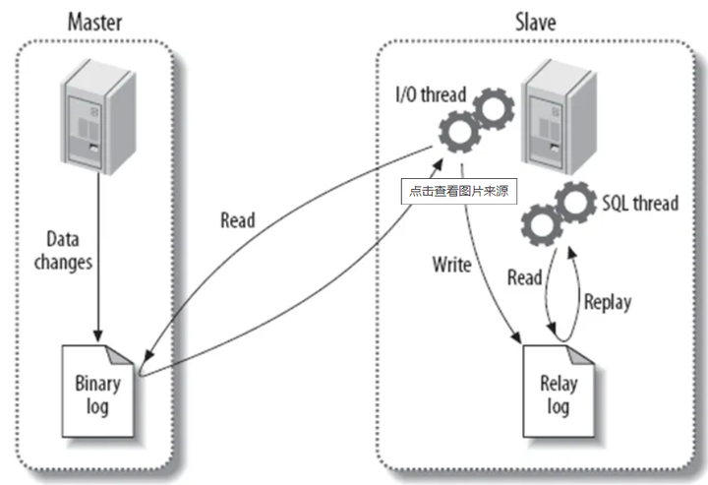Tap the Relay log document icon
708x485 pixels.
pyautogui.click(x=557, y=391)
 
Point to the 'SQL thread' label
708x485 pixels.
pyautogui.click(x=639, y=204)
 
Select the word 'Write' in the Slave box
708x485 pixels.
pyautogui.click(x=451, y=265)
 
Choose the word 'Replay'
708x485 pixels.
pyautogui.click(x=607, y=301)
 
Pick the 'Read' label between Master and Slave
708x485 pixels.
pyautogui.click(x=237, y=220)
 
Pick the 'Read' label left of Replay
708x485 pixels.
pyautogui.click(x=524, y=278)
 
